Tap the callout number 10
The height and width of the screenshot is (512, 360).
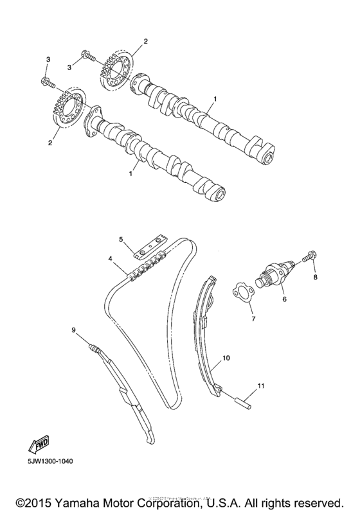(x=226, y=355)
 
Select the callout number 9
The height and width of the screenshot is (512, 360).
(x=74, y=330)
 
